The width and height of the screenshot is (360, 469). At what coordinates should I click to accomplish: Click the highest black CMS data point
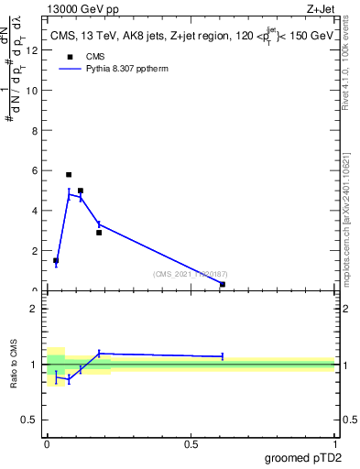pos(69,174)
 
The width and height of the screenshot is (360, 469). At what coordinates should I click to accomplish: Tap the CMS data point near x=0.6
pos(223,285)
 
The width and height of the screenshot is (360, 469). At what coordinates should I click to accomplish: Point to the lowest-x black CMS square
pos(56,261)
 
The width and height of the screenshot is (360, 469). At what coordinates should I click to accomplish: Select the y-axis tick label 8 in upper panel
pos(34,130)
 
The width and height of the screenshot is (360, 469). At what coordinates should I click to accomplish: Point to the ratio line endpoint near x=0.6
pos(223,356)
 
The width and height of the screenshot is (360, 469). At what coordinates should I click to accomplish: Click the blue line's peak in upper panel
pos(69,193)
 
